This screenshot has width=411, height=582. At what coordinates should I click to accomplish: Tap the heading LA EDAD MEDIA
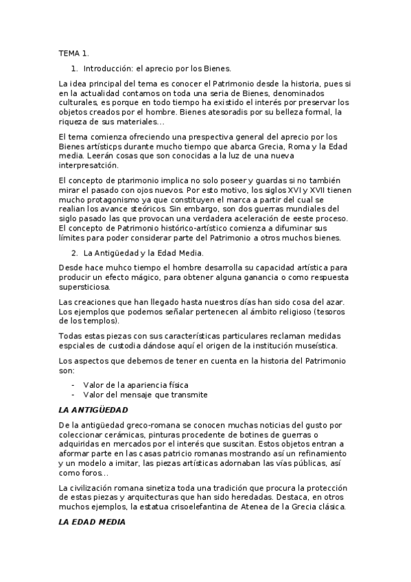91,522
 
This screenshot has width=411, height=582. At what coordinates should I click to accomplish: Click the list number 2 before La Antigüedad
75,253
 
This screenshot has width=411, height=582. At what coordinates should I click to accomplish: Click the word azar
333,303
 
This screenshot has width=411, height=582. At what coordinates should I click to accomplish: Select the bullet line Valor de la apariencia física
135,384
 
